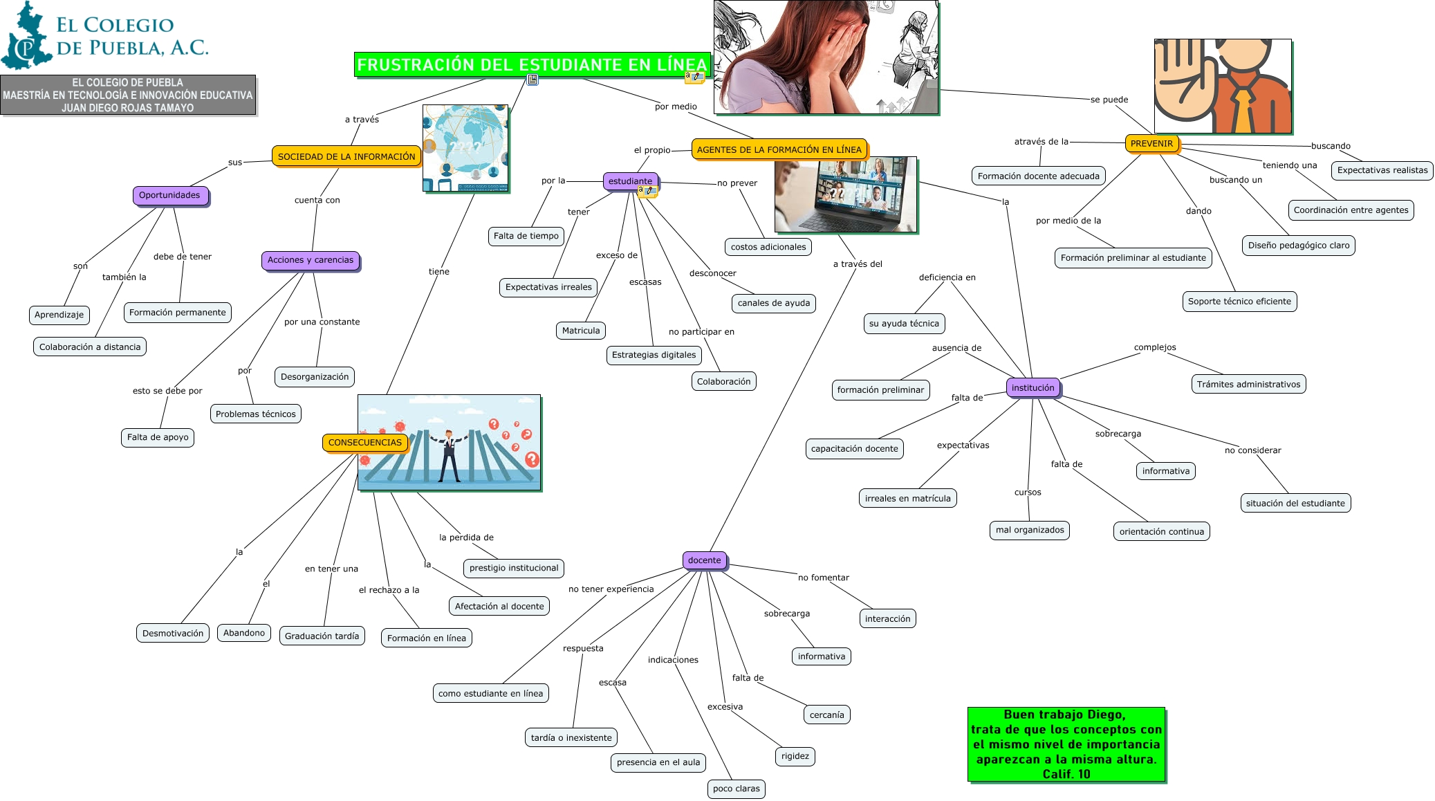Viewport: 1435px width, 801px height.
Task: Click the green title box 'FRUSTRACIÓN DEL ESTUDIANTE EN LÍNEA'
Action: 532,64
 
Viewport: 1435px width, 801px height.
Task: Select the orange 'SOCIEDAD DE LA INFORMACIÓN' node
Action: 346,157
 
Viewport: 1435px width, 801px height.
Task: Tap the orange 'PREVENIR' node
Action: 1151,144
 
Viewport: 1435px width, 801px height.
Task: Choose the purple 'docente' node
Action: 704,560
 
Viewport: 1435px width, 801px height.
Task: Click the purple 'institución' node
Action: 1033,388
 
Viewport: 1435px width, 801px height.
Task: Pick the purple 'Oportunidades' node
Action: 169,195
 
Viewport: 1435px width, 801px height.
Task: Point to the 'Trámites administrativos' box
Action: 1248,385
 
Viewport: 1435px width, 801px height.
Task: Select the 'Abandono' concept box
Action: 244,633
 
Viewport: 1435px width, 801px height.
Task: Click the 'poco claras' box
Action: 736,789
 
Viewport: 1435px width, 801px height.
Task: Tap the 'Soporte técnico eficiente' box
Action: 1239,302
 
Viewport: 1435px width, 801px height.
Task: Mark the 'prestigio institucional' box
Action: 513,568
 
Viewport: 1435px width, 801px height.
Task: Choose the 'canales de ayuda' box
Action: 773,303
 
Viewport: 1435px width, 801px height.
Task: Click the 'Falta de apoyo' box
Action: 158,437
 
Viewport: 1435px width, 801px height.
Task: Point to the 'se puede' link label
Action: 1109,100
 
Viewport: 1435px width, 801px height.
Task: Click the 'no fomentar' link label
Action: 823,578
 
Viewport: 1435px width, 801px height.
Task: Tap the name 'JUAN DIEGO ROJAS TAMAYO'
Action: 128,108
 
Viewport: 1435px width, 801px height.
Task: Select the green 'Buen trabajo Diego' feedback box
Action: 1066,744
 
